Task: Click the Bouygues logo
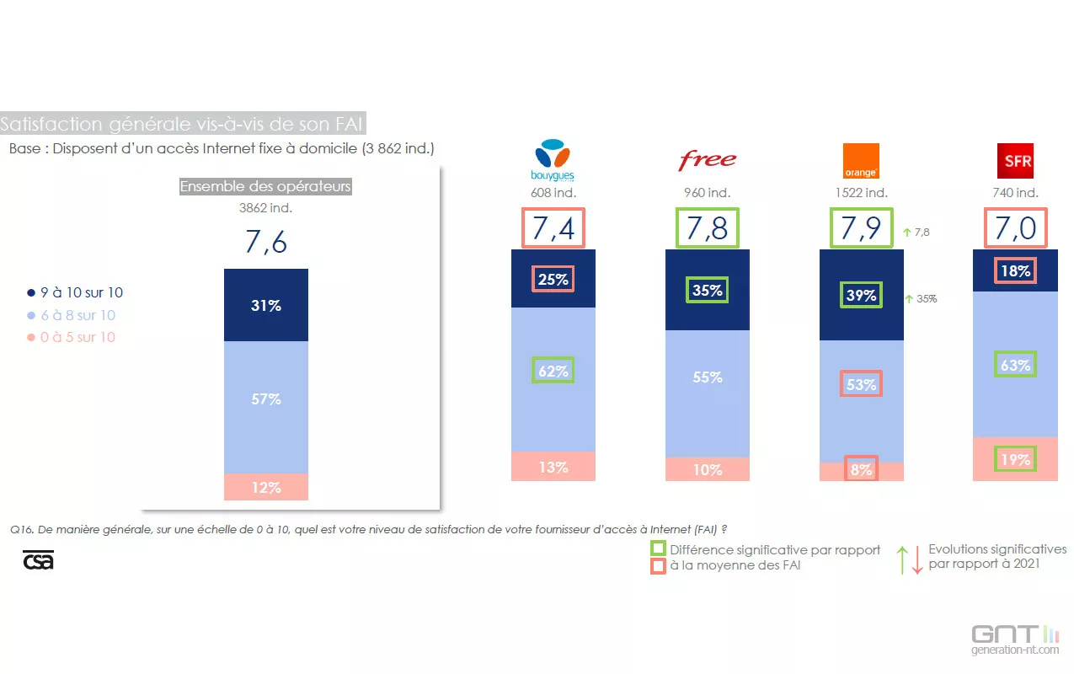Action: tap(553, 160)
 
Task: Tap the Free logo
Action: tap(708, 160)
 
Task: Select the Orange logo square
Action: tap(861, 160)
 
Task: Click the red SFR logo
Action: tap(1014, 160)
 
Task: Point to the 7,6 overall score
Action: tap(266, 242)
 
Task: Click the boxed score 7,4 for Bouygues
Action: tap(553, 228)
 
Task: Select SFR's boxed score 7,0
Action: tap(1015, 228)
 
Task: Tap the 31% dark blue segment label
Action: tap(266, 306)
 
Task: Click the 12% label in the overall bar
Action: tap(266, 487)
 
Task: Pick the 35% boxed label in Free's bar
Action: tap(708, 291)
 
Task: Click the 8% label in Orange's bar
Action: tap(861, 469)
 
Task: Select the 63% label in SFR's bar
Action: tap(1015, 365)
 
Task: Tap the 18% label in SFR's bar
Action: tap(1015, 271)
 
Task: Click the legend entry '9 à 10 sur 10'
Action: tap(75, 293)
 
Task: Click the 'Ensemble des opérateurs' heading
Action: tap(265, 186)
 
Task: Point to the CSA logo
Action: tap(38, 560)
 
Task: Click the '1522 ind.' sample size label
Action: tap(861, 193)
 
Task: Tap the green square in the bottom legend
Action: tap(658, 549)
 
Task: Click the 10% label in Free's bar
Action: tap(708, 469)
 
